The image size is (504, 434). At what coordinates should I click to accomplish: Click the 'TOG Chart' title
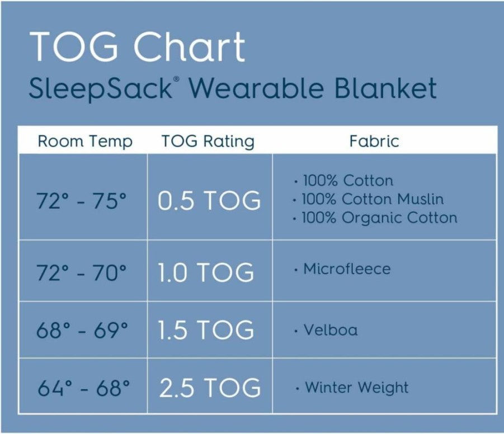pyautogui.click(x=137, y=46)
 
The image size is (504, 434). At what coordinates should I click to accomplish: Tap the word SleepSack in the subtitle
pyautogui.click(x=100, y=89)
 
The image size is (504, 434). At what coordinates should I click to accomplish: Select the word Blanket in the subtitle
pyautogui.click(x=385, y=87)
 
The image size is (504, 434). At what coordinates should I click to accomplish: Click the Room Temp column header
pyautogui.click(x=85, y=141)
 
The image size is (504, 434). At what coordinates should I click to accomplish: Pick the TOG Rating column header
pyautogui.click(x=208, y=141)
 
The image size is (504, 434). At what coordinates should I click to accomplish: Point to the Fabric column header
pyautogui.click(x=374, y=141)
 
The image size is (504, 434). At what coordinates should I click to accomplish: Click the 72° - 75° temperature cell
pyautogui.click(x=82, y=201)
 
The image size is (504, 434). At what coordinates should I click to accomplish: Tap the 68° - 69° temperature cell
pyautogui.click(x=82, y=330)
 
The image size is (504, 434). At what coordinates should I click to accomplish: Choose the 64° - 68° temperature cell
pyautogui.click(x=83, y=388)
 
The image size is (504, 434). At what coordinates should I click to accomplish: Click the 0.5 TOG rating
pyautogui.click(x=209, y=201)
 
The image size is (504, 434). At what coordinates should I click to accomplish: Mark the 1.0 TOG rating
pyautogui.click(x=206, y=272)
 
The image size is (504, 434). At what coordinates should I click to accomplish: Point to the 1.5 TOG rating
pyautogui.click(x=206, y=330)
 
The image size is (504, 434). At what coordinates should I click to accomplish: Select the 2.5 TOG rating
pyautogui.click(x=210, y=388)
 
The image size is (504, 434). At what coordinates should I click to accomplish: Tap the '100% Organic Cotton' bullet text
pyautogui.click(x=380, y=218)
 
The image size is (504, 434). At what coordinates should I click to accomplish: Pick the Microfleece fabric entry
pyautogui.click(x=347, y=269)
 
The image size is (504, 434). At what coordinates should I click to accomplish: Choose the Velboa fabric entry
pyautogui.click(x=331, y=330)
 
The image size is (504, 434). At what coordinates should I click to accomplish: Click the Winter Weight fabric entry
pyautogui.click(x=357, y=388)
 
